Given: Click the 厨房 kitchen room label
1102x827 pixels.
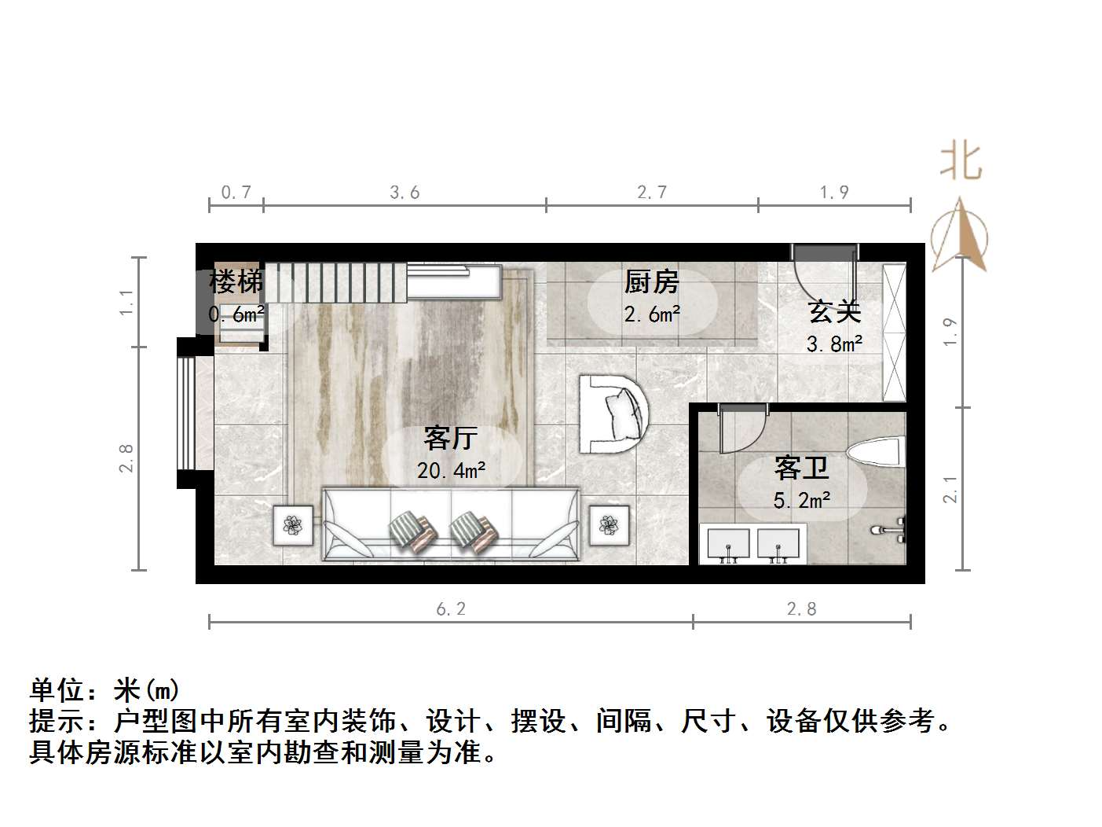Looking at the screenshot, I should [x=651, y=281].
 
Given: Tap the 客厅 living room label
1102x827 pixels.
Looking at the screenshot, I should [x=450, y=438].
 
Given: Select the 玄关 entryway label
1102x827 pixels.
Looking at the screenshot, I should [x=834, y=311].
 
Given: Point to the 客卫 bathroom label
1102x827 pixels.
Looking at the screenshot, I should [x=801, y=468].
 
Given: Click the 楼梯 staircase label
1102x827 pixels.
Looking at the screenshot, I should [x=235, y=281].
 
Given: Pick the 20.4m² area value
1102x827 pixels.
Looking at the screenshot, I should [x=451, y=471].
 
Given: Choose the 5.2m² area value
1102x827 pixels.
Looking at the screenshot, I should [x=802, y=500].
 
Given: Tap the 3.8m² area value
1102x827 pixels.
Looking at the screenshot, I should [x=834, y=344].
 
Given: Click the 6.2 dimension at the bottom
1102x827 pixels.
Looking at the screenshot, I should [x=450, y=608].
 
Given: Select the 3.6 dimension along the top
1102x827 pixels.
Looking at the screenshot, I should [x=405, y=192].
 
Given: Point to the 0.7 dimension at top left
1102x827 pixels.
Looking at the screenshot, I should [x=236, y=192].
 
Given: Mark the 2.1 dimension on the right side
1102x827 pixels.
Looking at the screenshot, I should [x=950, y=489].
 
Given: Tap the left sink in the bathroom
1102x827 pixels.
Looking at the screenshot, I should [x=728, y=544].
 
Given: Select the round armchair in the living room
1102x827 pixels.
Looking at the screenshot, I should [x=614, y=413].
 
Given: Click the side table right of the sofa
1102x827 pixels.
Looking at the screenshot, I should [x=609, y=524].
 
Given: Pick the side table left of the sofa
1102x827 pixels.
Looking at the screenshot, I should [x=293, y=524].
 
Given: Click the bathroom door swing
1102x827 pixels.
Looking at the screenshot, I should [x=742, y=430].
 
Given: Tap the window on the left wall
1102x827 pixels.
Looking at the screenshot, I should [x=186, y=412].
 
